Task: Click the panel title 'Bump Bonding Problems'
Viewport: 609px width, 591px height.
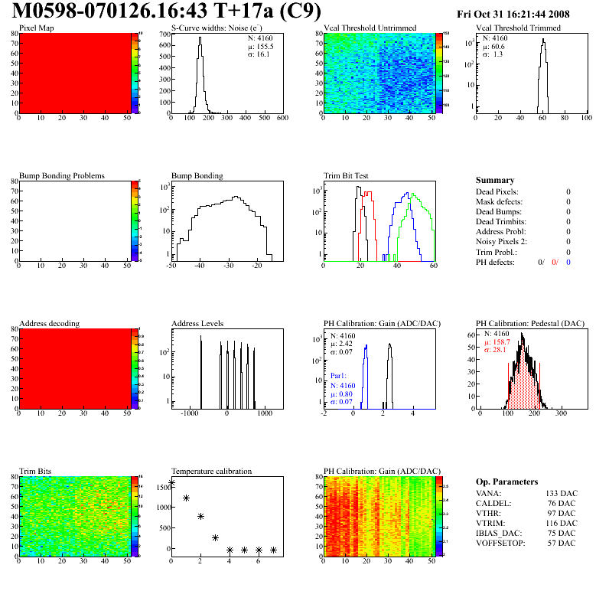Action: click(61, 176)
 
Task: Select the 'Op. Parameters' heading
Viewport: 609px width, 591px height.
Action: click(506, 482)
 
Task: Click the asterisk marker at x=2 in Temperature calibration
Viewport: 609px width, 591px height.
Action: click(200, 517)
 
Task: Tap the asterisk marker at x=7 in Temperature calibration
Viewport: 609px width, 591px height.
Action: click(273, 550)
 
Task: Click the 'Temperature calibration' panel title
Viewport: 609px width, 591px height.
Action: click(211, 472)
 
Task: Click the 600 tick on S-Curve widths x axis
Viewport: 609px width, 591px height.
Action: click(282, 119)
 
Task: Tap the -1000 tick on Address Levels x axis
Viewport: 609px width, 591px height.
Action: click(187, 413)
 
